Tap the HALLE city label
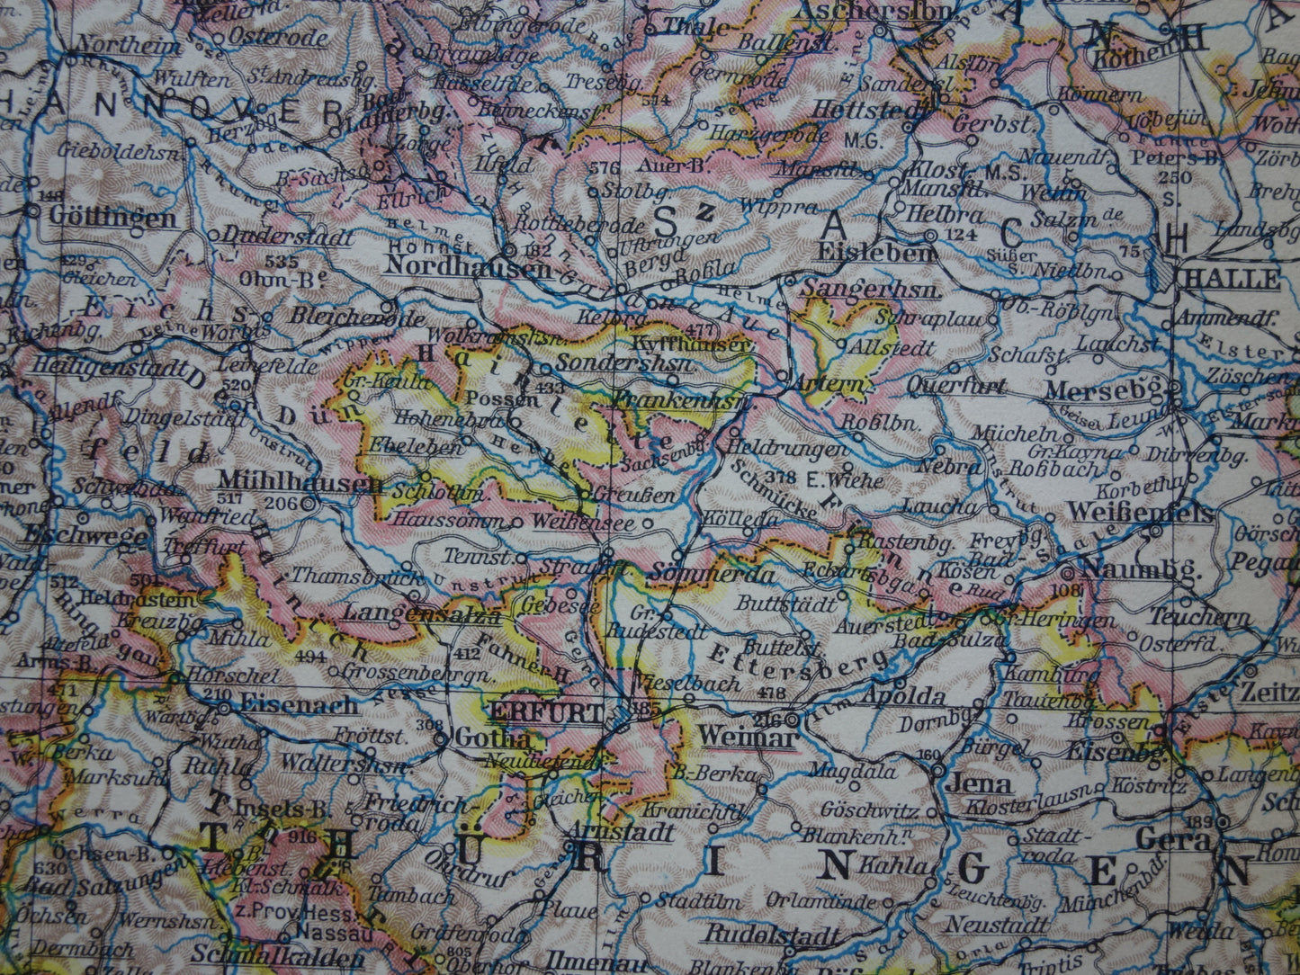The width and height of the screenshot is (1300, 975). tap(1232, 278)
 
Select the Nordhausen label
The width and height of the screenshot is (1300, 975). tap(467, 266)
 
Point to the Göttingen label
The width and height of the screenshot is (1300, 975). tap(112, 218)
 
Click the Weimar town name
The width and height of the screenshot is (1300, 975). tap(748, 737)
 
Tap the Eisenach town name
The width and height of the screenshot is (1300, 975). tap(300, 705)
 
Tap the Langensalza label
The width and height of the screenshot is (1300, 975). tap(421, 614)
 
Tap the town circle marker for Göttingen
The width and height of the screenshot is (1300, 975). tap(34, 211)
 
